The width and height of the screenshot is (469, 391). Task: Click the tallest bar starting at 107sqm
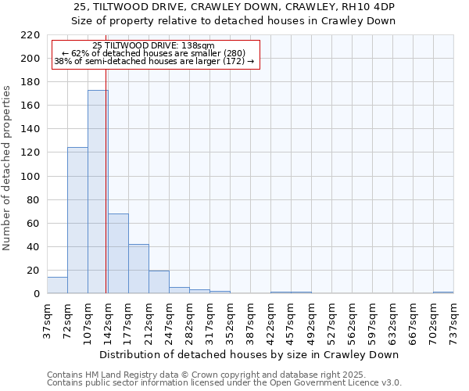(98, 192)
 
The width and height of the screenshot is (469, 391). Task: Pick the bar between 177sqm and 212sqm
(138, 269)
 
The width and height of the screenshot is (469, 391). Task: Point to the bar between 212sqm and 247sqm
(159, 282)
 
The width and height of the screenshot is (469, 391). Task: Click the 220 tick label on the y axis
(30, 35)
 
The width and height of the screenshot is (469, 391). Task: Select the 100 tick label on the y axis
(30, 177)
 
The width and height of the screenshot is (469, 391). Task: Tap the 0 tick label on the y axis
(36, 294)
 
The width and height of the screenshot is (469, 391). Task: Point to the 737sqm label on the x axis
(454, 321)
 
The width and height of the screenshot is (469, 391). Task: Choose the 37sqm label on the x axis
(48, 321)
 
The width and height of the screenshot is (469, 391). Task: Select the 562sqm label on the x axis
(353, 321)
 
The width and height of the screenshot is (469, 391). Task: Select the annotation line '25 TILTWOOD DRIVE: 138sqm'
(153, 45)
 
